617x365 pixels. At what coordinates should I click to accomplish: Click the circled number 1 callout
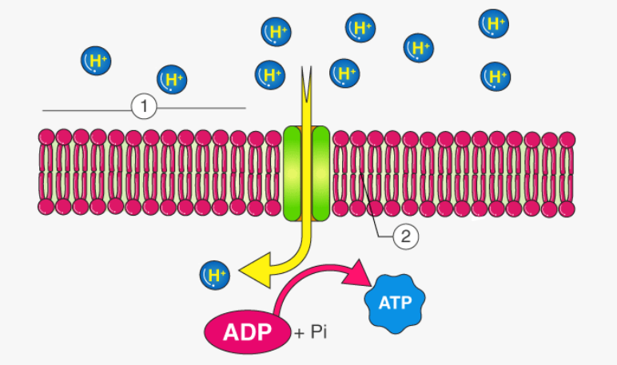(x=144, y=107)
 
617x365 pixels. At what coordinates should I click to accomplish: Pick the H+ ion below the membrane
(x=213, y=276)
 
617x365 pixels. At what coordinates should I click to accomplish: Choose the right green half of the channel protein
(x=320, y=172)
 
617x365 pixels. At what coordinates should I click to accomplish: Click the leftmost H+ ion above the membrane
(x=96, y=61)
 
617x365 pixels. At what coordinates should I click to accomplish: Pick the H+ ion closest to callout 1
(x=172, y=79)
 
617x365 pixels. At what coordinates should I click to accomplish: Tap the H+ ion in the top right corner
(x=493, y=23)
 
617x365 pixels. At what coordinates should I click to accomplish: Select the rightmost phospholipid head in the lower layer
(x=567, y=208)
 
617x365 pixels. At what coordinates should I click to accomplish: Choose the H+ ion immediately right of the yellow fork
(x=344, y=74)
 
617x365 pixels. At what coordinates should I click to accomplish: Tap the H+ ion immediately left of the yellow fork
(x=270, y=75)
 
